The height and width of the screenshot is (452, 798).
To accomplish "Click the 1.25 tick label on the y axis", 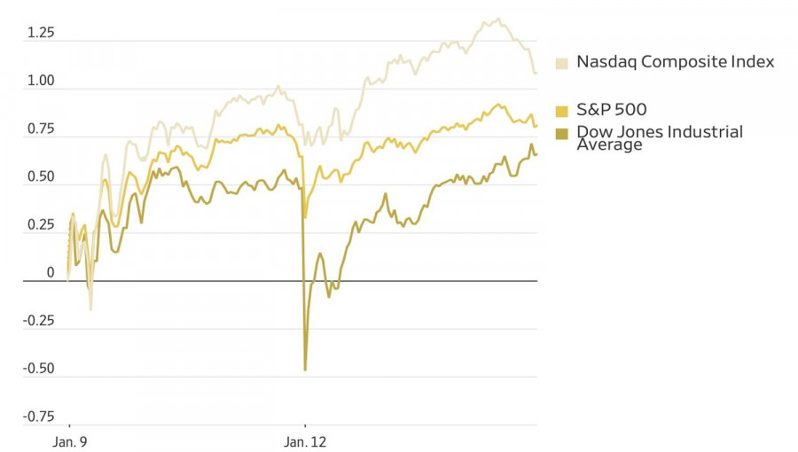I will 41,33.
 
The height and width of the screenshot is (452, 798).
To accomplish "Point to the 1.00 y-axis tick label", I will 41,81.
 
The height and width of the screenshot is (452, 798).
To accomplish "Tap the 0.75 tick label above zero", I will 41,129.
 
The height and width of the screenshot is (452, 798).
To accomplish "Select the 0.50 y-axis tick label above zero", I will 41,176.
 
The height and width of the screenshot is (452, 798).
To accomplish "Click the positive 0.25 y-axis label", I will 41,224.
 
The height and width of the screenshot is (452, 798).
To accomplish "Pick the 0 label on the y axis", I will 51,272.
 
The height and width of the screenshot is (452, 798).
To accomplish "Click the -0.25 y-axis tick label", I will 39,320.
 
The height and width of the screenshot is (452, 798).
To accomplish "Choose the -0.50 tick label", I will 39,368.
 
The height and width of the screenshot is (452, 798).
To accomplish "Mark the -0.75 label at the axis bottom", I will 39,416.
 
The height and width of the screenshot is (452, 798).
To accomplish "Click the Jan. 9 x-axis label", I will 68,441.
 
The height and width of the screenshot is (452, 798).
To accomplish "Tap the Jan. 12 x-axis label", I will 306,441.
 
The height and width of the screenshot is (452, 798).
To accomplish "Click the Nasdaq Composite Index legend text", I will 675,62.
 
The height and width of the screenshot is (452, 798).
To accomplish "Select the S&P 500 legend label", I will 611,111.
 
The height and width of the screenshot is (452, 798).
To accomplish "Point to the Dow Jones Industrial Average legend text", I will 659,138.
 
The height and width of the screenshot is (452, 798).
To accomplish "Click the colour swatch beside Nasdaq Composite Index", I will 562,63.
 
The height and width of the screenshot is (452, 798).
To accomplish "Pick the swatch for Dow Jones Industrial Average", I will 562,134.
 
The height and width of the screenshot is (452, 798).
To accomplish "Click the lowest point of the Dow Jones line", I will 305,370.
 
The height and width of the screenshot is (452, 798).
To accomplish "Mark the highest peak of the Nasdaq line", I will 498,19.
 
